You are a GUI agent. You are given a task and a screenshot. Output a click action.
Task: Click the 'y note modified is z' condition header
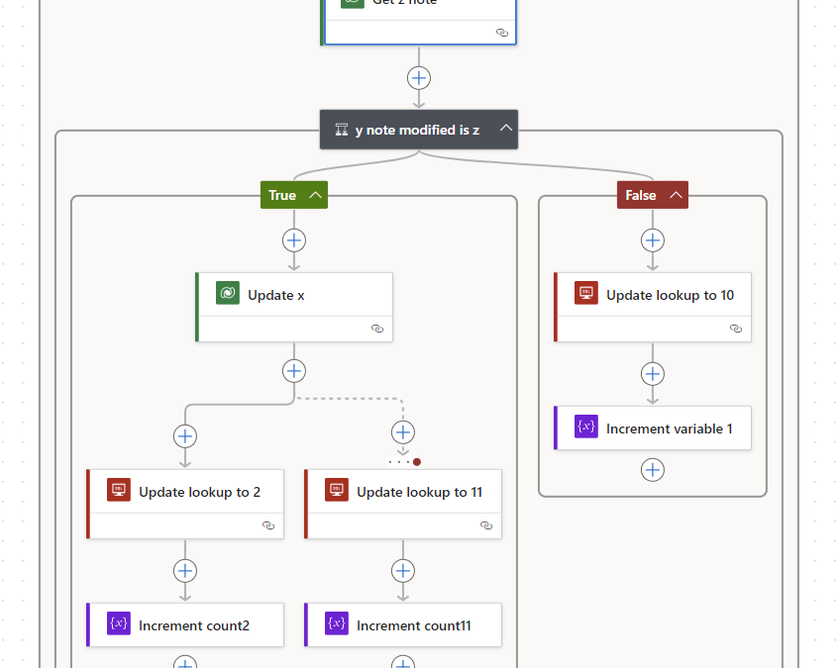pos(417,130)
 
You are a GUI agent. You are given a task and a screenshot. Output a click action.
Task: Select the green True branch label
pos(282,195)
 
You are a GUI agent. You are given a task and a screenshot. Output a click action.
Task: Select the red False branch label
pos(640,195)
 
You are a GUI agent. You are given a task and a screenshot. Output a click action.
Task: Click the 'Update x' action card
pos(294,295)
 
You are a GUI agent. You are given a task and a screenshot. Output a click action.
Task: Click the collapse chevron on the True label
pos(316,195)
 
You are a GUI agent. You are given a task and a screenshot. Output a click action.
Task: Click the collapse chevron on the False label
pos(676,195)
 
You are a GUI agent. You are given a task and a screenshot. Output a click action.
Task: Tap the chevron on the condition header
pos(505,129)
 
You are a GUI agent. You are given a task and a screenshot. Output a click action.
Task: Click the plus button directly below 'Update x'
pos(294,371)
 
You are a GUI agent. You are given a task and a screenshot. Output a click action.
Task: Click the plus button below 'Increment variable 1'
pos(653,470)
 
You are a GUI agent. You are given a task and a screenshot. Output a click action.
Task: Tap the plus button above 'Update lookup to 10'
pos(653,240)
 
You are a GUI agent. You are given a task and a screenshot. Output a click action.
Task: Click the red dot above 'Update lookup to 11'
pos(417,461)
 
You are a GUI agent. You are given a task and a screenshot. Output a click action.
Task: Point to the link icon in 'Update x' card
pos(376,329)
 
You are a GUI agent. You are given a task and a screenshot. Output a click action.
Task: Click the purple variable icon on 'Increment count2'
pos(119,623)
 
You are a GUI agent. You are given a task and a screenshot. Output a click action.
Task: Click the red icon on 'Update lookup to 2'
pos(119,490)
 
